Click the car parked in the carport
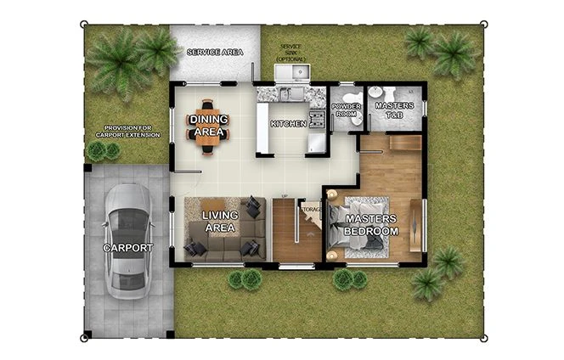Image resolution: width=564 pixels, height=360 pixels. (x=128, y=239)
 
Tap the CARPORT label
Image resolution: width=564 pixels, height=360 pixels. (x=128, y=248)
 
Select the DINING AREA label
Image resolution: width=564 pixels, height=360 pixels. (x=207, y=126)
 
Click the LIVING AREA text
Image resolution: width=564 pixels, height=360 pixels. (x=219, y=222)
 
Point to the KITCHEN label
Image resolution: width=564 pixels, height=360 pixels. (x=288, y=124)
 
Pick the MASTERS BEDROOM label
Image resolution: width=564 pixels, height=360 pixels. (x=371, y=225)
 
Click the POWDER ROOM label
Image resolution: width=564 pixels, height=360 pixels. (x=346, y=109)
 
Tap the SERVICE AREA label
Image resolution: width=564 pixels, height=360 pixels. (x=215, y=53)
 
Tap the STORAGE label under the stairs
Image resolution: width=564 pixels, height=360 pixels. (x=311, y=207)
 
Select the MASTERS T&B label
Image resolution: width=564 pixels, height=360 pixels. (x=394, y=110)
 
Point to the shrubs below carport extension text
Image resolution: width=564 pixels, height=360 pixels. (x=104, y=151)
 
